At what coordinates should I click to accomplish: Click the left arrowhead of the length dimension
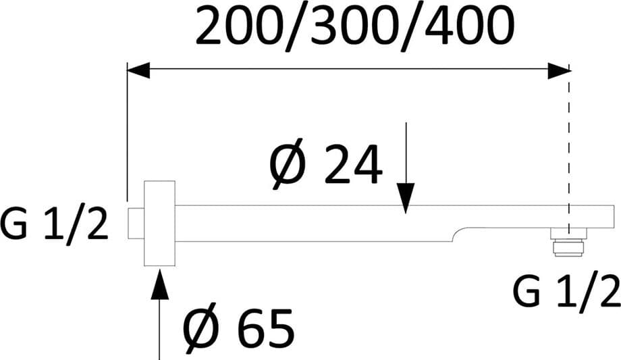(x=138, y=70)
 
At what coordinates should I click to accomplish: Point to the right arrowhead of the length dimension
(x=559, y=70)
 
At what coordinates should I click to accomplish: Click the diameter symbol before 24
(x=287, y=163)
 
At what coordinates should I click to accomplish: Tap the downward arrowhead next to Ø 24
(x=405, y=199)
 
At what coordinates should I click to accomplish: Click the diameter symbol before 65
(x=200, y=328)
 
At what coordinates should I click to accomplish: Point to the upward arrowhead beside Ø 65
(x=159, y=284)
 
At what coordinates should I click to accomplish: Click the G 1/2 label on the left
(x=54, y=224)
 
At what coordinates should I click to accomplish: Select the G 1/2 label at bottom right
(x=567, y=292)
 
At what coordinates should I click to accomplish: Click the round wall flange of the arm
(x=159, y=224)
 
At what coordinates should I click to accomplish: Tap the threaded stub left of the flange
(x=136, y=223)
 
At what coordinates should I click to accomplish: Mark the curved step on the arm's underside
(x=460, y=234)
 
